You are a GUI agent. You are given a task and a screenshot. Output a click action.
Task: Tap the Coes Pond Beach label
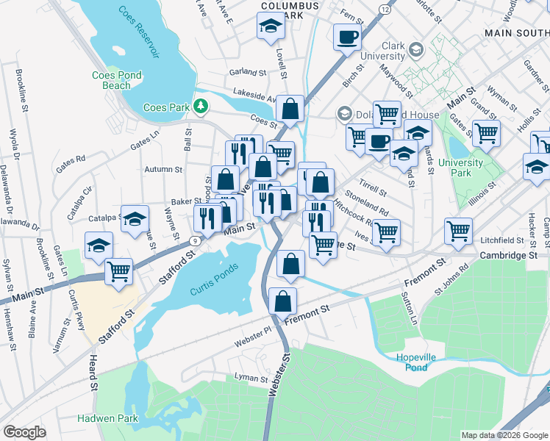(112, 80)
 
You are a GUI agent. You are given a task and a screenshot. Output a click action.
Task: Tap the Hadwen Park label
(107, 418)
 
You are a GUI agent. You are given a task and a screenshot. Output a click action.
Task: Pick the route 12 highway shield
(385, 8)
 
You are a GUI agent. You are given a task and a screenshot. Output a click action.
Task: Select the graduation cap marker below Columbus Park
(271, 28)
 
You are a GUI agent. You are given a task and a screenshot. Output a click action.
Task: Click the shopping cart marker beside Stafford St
(118, 270)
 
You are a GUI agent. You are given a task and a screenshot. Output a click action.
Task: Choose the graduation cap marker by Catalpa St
(135, 219)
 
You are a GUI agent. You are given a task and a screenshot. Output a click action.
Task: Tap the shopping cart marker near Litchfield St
(458, 231)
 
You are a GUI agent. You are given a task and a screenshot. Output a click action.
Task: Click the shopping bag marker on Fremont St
(283, 300)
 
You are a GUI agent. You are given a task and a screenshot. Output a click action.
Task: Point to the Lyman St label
(251, 379)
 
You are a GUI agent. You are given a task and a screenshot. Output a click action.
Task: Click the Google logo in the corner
(24, 432)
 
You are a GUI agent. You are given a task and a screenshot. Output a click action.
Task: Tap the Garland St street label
(247, 73)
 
